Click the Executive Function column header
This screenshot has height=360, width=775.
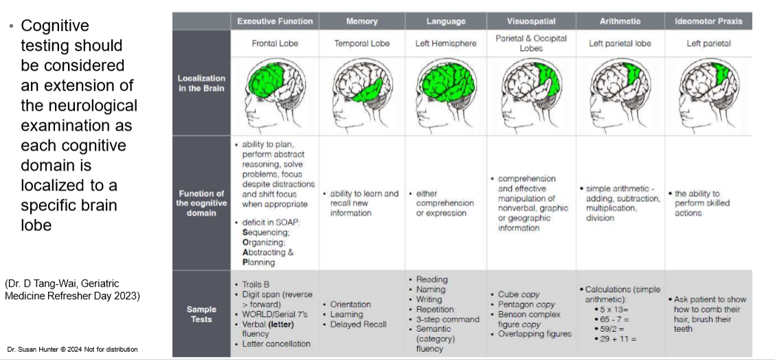pyautogui.click(x=274, y=21)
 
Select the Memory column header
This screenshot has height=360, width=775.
pyautogui.click(x=362, y=21)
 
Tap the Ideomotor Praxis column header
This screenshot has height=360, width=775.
pyautogui.click(x=708, y=21)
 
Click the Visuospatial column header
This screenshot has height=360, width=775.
pyautogui.click(x=531, y=21)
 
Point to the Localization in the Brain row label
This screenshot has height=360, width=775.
pyautogui.click(x=201, y=83)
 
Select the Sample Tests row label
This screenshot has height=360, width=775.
pyautogui.click(x=201, y=314)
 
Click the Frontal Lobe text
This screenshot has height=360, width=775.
pyautogui.click(x=274, y=43)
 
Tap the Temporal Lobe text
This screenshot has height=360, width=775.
pyautogui.click(x=362, y=43)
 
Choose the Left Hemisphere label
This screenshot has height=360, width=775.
pyautogui.click(x=446, y=43)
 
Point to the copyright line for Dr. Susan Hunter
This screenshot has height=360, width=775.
pyautogui.click(x=72, y=350)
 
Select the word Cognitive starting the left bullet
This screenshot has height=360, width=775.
pyautogui.click(x=55, y=26)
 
